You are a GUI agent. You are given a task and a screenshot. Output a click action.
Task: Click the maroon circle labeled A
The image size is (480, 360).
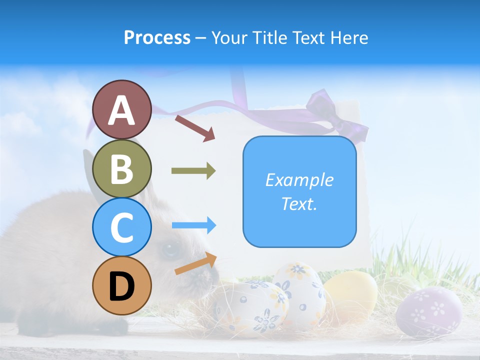(x=121, y=109)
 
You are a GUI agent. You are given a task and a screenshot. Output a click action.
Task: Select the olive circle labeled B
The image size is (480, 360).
(x=121, y=168)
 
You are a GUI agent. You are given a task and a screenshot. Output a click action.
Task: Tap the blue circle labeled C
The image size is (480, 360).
(x=121, y=227)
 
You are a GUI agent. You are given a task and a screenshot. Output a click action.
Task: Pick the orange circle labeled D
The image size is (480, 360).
(x=121, y=285)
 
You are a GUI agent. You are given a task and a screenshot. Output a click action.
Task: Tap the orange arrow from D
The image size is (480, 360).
(x=195, y=263)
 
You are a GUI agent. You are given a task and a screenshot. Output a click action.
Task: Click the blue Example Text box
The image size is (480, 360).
(x=299, y=192)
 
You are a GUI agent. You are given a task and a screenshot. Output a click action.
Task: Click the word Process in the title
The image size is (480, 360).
(x=157, y=37)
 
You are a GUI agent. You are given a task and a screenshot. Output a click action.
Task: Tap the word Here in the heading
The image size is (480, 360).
(x=349, y=37)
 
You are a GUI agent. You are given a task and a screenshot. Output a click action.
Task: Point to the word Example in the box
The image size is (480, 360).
(x=299, y=180)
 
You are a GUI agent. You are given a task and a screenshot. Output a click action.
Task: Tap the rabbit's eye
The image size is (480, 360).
(x=170, y=248)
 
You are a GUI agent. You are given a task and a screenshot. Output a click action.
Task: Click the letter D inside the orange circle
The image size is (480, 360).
(x=121, y=286)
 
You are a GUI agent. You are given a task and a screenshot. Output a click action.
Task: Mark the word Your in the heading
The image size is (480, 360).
(x=229, y=37)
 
